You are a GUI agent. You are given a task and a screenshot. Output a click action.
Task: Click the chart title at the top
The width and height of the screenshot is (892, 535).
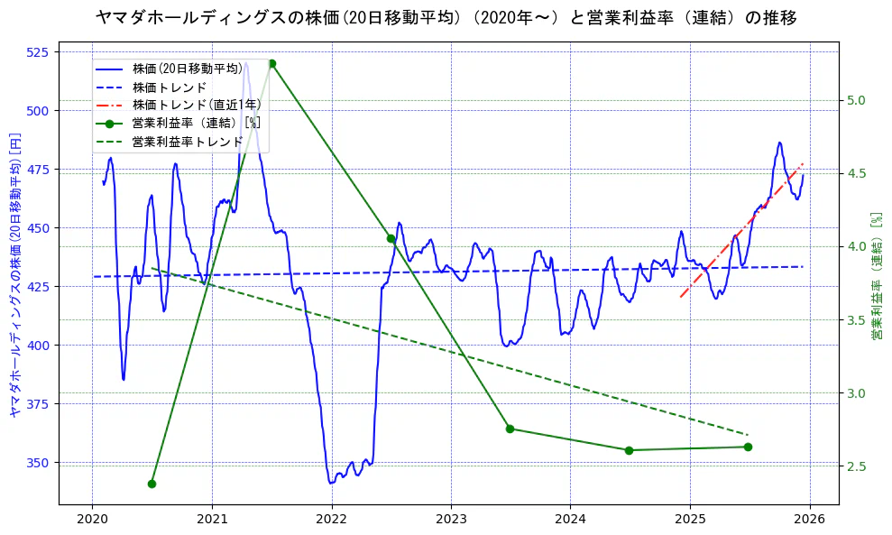coord(446,17)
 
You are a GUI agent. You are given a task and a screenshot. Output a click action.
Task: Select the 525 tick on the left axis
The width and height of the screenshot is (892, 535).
coord(40,51)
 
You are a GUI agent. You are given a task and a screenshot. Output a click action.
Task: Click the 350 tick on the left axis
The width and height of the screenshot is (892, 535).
coord(40,462)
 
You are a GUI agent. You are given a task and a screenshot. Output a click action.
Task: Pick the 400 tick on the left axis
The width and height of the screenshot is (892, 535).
coord(40,345)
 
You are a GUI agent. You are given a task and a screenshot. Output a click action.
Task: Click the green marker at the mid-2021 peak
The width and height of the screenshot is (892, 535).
coord(271,63)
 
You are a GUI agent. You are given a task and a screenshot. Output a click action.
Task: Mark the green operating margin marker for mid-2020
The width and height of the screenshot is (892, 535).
coord(152,484)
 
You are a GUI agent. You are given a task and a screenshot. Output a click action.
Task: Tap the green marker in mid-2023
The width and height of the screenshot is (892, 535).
coord(510,429)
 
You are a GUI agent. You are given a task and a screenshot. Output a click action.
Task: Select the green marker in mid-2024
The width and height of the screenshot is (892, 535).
coord(629,450)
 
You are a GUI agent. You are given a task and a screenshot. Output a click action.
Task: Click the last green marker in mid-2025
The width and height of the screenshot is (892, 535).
coord(748,447)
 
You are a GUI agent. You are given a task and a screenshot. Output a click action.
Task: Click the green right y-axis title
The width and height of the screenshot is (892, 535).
coord(876,276)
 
